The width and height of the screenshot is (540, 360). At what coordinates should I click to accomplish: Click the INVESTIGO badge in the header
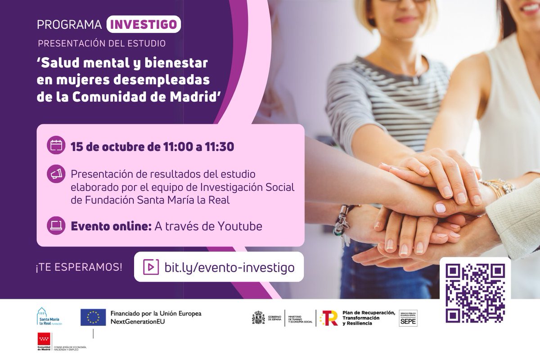point(144,24)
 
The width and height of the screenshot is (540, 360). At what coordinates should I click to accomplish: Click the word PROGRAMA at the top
point(69,25)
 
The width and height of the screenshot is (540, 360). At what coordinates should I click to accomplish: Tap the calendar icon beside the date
point(56,146)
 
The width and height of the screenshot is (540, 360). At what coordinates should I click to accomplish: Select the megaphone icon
point(56,174)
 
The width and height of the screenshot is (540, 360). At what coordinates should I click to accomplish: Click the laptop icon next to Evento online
point(56,226)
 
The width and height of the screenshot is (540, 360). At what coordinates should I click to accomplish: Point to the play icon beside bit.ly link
point(151,267)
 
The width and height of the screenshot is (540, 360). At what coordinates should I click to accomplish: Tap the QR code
point(475,293)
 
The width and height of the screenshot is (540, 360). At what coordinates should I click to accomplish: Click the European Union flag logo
point(93,317)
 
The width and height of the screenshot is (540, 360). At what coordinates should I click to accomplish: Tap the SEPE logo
point(408,319)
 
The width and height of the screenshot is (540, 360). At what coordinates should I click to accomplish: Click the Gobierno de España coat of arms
point(258,318)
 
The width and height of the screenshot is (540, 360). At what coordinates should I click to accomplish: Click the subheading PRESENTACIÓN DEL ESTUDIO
point(102,44)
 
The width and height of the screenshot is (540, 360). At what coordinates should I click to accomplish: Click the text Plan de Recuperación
point(368,313)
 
